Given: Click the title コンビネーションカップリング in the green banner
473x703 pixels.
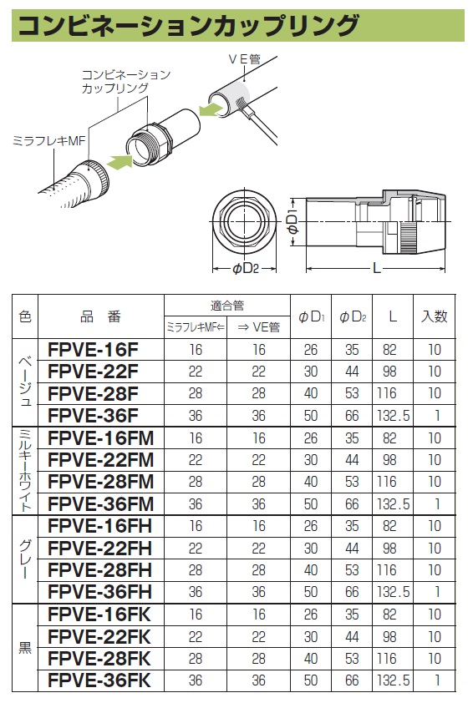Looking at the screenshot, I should tap(188, 25).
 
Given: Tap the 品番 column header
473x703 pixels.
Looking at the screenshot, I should tap(101, 316).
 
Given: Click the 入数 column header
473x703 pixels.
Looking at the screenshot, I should tap(435, 316).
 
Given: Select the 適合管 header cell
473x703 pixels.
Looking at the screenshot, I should tap(226, 306).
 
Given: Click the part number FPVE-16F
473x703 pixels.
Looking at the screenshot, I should tap(94, 348).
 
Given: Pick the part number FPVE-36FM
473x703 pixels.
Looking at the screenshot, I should tap(101, 503).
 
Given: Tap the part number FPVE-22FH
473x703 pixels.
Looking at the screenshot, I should tap(100, 548).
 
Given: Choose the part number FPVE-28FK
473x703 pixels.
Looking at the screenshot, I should tap(100, 658).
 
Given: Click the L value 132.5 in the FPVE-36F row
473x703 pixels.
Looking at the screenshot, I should tap(393, 415).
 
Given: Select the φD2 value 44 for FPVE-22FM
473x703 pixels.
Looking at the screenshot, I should tap(353, 459).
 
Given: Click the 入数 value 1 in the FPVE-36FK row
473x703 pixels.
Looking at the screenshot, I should tap(435, 680).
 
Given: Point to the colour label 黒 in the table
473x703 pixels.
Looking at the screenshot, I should tap(24, 647).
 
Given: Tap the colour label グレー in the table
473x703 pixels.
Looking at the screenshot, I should tap(24, 559).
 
